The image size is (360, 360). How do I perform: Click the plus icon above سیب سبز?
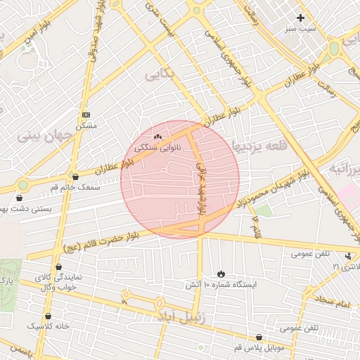coord(301,18)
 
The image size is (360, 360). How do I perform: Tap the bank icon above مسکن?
coord(86,115)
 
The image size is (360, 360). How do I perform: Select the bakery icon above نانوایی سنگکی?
coord(157,137)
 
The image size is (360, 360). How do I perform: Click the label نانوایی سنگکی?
coord(157,148)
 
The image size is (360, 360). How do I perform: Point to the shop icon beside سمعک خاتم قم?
coord(75,177)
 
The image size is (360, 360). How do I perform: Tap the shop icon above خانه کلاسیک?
coord(48,316)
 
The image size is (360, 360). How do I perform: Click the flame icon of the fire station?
coord(221,274)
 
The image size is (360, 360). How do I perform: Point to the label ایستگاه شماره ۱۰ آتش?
coord(221,285)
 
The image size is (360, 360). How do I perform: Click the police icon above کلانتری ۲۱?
coord(349,256)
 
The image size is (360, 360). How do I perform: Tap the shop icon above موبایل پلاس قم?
coord(259,337)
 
